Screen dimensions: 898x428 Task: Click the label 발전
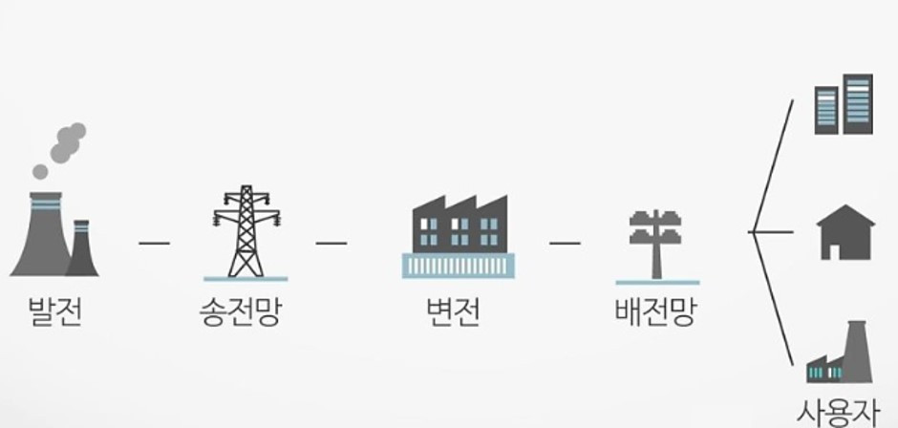[x=55, y=311]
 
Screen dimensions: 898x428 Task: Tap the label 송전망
[x=241, y=311]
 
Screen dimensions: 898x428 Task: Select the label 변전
[x=453, y=311]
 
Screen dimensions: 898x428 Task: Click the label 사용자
[x=837, y=413]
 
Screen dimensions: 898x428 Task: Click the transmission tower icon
[x=246, y=232]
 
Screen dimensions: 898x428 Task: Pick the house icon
[x=845, y=232]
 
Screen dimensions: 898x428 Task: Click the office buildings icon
[x=844, y=104]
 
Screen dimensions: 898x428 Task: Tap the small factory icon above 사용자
[x=840, y=352]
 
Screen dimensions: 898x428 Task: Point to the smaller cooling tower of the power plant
[x=82, y=248]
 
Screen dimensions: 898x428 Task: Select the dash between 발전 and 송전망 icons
[x=154, y=243]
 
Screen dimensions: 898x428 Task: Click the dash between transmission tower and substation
[x=331, y=243]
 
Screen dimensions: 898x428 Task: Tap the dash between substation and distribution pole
[x=565, y=243]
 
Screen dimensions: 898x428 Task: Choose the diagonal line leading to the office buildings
[x=773, y=165]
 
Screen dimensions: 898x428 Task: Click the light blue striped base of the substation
[x=459, y=266]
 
